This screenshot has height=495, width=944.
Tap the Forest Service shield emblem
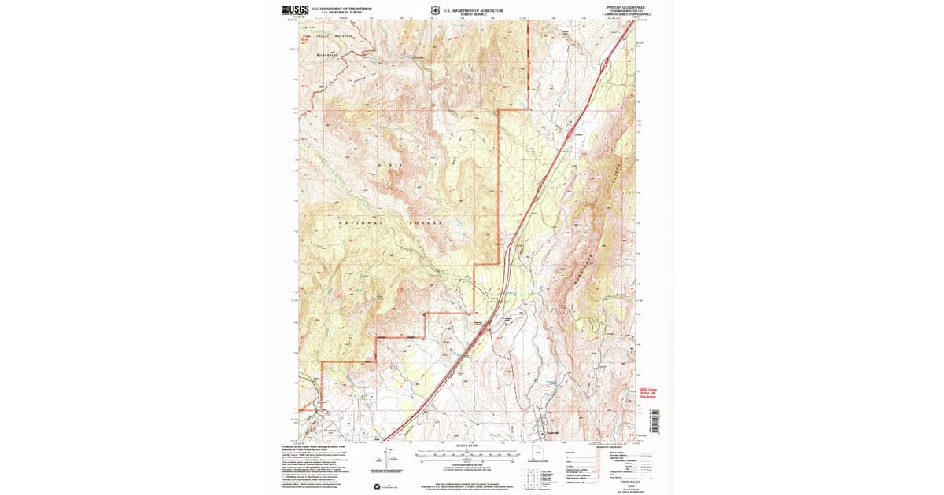[x=434, y=10]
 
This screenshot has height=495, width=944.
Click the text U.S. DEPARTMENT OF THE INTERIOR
[x=337, y=9]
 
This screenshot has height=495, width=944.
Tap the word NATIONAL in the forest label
[x=360, y=223]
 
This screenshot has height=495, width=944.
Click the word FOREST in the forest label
[x=426, y=223]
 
